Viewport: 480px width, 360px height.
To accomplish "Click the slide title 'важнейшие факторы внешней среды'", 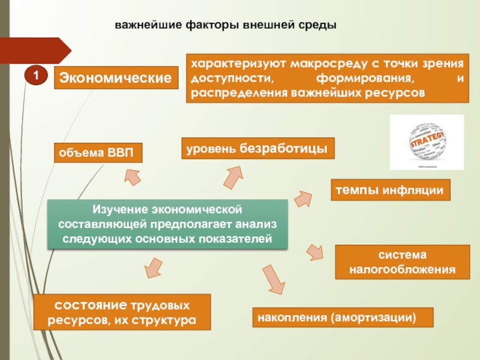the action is click(226, 25).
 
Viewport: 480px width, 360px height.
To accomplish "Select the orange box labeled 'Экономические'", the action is click(116, 78).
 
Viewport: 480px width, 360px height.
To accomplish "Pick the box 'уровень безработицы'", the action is click(258, 148).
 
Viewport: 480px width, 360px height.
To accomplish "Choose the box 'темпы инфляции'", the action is click(389, 190).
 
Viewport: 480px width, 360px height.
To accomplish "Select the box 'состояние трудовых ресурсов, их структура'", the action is click(122, 311).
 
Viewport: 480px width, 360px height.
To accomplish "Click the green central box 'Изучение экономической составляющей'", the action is click(167, 225).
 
